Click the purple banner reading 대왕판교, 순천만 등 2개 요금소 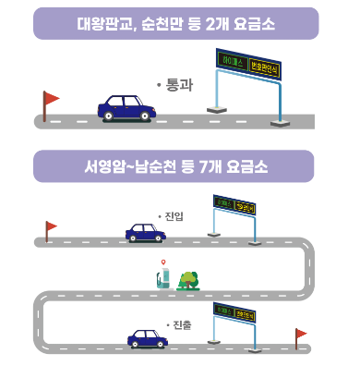pyautogui.click(x=175, y=23)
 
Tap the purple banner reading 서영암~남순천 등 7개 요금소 pyautogui.click(x=175, y=167)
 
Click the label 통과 pyautogui.click(x=174, y=84)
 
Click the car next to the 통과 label pyautogui.click(x=126, y=107)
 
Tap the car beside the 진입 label pyautogui.click(x=145, y=232)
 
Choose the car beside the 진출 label pyautogui.click(x=147, y=337)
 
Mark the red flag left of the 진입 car pyautogui.click(x=50, y=226)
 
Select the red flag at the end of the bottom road pyautogui.click(x=300, y=334)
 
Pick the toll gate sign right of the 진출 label pyautogui.click(x=234, y=312)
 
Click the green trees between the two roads pyautogui.click(x=189, y=279)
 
